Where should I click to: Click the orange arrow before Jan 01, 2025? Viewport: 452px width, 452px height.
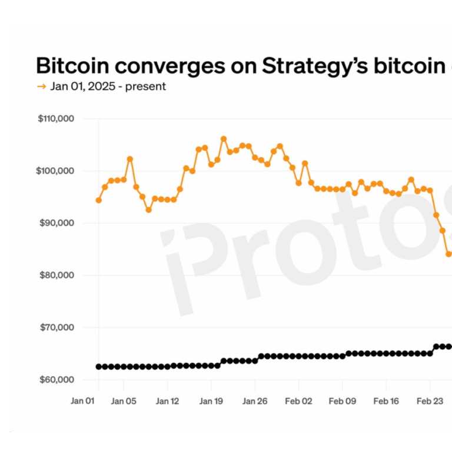[x=41, y=87]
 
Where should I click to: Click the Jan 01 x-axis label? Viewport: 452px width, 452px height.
[x=83, y=401]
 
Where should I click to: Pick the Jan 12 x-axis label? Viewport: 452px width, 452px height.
[x=167, y=401]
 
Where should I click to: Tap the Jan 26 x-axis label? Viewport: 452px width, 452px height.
[x=254, y=401]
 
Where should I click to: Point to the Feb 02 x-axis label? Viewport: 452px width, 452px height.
[x=298, y=401]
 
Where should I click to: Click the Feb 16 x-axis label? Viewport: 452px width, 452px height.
[x=385, y=401]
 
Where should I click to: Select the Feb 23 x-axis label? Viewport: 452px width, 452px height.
[x=430, y=401]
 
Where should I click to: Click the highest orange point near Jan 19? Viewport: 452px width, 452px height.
[x=224, y=139]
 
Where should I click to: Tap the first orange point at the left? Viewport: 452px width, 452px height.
[x=98, y=200]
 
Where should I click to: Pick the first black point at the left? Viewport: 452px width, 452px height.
[x=98, y=367]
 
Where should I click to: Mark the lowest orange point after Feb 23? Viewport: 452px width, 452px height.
[x=448, y=254]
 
